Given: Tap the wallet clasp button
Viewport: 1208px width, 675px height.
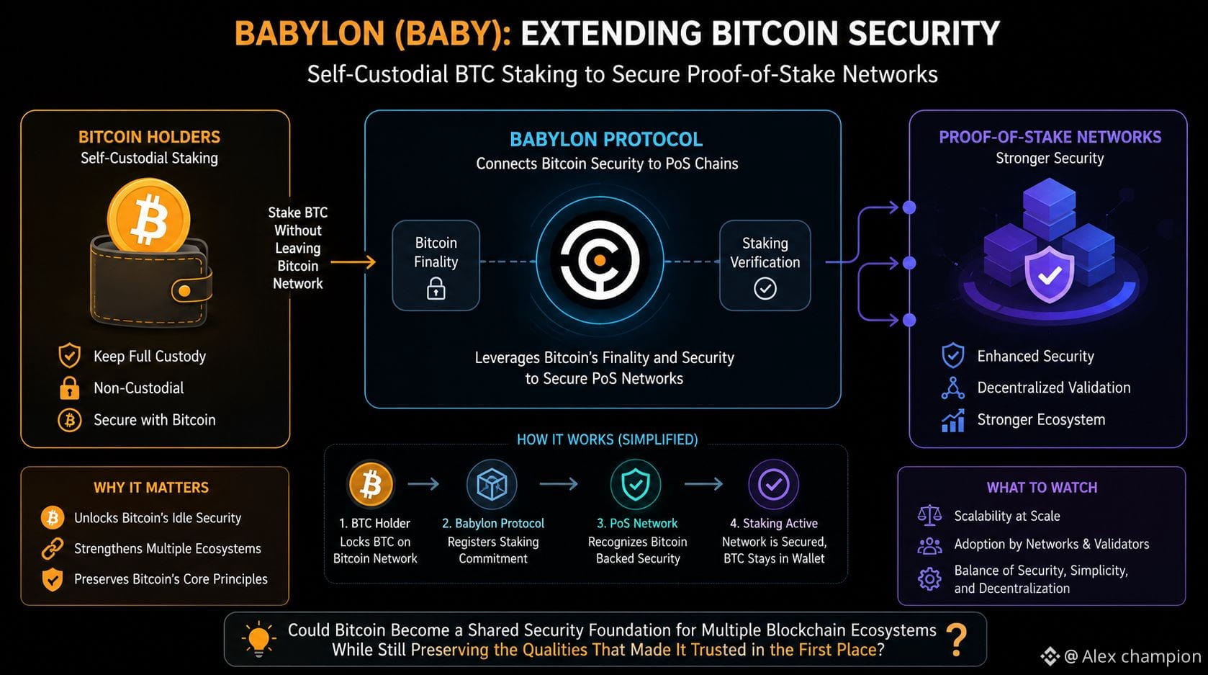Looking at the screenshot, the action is pyautogui.click(x=184, y=291).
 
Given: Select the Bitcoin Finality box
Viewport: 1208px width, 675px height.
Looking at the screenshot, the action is pyautogui.click(x=436, y=266).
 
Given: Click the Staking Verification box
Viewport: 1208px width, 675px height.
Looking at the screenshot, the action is pyautogui.click(x=765, y=266).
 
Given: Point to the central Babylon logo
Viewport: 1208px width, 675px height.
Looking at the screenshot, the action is pyautogui.click(x=600, y=260).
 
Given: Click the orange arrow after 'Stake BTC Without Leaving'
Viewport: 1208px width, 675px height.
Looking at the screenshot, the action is pyautogui.click(x=353, y=262).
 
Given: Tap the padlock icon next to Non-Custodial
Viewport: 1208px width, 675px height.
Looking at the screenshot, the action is pyautogui.click(x=70, y=388).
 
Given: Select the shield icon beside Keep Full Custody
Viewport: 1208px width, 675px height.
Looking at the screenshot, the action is pyautogui.click(x=70, y=356).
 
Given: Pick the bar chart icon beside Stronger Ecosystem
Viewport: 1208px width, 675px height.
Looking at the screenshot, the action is pyautogui.click(x=953, y=420).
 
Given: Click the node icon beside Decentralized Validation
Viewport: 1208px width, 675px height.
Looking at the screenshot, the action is pyautogui.click(x=953, y=388).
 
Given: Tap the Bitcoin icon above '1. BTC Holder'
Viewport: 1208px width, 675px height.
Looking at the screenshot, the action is pyautogui.click(x=371, y=484).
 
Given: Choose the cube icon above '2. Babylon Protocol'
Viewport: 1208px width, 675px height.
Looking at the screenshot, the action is pyautogui.click(x=492, y=484).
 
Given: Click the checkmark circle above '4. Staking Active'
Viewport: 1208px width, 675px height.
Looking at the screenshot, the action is pyautogui.click(x=773, y=484).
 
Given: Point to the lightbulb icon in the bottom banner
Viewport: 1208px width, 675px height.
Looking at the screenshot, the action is pyautogui.click(x=259, y=640).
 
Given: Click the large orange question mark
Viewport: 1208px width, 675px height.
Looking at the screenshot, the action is pyautogui.click(x=957, y=640).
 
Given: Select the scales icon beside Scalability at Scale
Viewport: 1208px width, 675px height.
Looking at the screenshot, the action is pyautogui.click(x=929, y=516).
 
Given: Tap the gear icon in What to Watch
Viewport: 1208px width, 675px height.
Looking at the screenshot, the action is pyautogui.click(x=929, y=579).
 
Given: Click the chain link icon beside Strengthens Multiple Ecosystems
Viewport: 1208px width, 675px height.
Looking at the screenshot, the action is pyautogui.click(x=53, y=548).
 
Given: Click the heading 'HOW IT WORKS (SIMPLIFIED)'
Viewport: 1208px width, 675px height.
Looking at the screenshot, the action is pyautogui.click(x=607, y=439).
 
